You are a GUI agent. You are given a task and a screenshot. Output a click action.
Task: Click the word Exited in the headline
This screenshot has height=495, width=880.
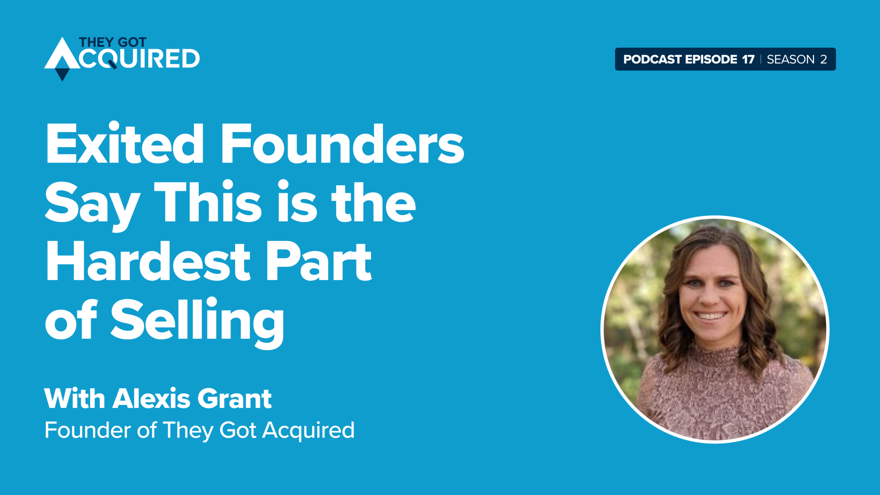125,143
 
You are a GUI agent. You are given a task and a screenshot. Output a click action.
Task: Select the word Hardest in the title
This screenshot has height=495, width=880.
148,261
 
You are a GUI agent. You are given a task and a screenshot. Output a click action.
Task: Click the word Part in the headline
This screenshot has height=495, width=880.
319,261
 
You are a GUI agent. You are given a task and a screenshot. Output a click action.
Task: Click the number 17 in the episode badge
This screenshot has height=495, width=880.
748,59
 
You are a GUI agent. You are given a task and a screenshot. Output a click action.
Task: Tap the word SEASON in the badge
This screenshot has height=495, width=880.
791,59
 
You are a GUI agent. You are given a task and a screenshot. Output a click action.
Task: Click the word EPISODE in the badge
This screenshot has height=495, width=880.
711,59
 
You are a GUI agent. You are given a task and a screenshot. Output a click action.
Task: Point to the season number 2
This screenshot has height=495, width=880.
823,59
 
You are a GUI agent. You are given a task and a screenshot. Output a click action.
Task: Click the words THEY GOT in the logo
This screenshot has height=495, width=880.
113,42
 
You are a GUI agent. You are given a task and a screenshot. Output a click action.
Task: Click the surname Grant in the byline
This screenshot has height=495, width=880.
235,399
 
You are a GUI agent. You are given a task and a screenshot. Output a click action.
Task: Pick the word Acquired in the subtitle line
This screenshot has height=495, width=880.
308,430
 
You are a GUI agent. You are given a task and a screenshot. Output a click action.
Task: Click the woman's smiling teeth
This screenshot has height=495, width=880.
711,315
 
